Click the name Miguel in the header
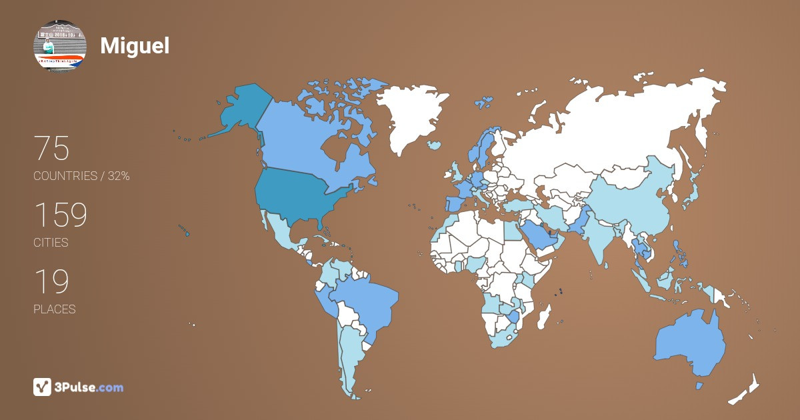[x=135, y=45]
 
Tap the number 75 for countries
[x=51, y=149]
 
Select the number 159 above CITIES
[x=61, y=215]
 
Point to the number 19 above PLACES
[x=51, y=282]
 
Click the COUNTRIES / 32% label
[x=81, y=177]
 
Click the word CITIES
[x=51, y=243]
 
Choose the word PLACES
[x=54, y=309]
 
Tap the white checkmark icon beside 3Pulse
[x=43, y=387]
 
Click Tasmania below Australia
[x=699, y=386]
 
